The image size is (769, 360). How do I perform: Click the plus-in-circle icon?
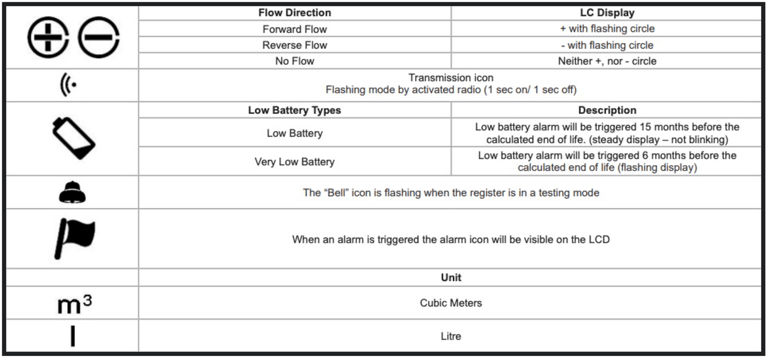tap(48, 37)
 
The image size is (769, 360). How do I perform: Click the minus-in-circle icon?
tap(99, 37)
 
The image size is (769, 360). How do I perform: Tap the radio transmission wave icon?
tap(69, 86)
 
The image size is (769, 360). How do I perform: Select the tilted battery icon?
tap(73, 137)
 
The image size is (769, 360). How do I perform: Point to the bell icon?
tap(72, 193)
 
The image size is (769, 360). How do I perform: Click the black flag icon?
tap(74, 238)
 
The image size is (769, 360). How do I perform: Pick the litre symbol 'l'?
tap(73, 336)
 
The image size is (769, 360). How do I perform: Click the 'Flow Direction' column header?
tap(294, 13)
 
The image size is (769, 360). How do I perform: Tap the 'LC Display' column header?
tap(607, 13)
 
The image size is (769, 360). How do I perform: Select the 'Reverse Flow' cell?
tap(294, 45)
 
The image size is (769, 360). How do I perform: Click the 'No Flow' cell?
tap(294, 61)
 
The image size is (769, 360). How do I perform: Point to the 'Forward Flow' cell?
tap(294, 29)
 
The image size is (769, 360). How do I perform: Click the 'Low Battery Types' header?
tap(294, 111)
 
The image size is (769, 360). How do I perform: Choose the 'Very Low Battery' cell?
tap(294, 162)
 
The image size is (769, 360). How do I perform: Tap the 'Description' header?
tap(607, 111)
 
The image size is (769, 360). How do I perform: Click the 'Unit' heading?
tap(451, 277)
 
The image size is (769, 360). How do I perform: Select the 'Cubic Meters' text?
tap(451, 303)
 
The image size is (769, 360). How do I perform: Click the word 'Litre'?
tap(451, 336)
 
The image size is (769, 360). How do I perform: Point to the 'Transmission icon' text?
tap(451, 78)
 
